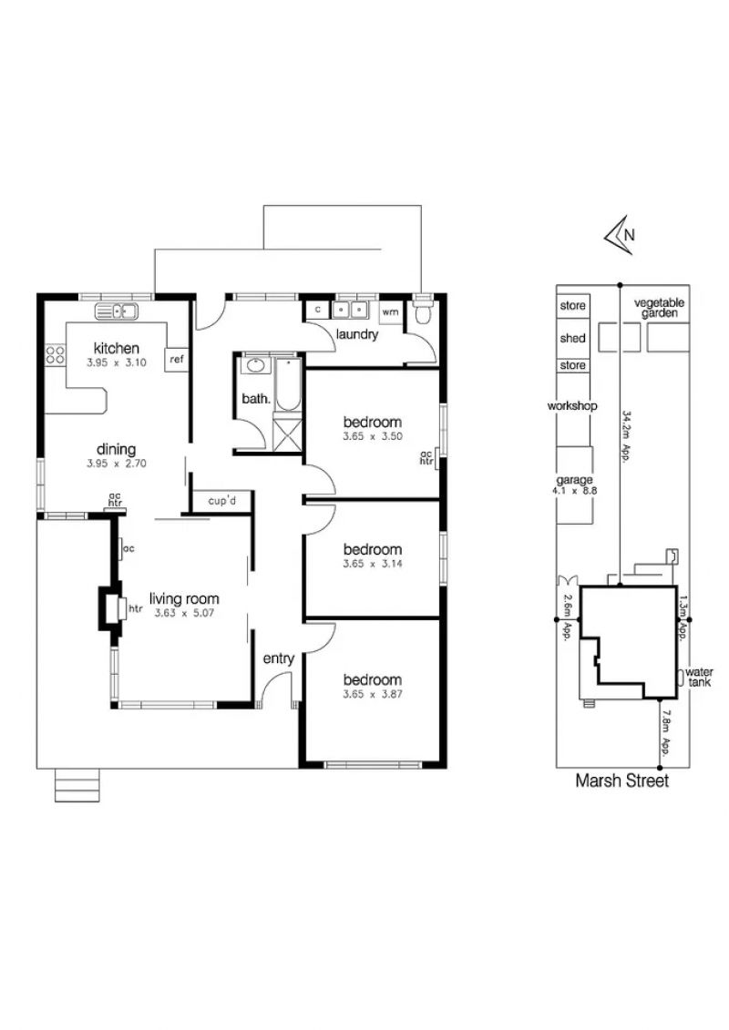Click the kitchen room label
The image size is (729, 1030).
coord(117,348)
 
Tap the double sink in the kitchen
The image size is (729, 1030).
coord(117,311)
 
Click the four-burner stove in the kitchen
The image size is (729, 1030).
coord(56,355)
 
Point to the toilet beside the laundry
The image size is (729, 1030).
coord(422,312)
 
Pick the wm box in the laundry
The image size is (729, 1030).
coord(390,311)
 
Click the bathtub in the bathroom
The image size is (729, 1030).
coord(287,383)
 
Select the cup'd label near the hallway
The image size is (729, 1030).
coord(221,501)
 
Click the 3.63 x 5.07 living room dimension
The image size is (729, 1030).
coord(184,613)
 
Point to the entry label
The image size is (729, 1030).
coord(279,658)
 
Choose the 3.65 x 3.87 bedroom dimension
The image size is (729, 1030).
coord(372,694)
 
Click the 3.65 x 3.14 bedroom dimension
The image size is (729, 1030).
coord(372,564)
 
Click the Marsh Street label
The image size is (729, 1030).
coord(621,780)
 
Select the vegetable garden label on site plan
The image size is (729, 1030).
coord(659,308)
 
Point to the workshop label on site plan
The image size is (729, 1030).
coord(572,406)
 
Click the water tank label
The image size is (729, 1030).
coord(699,678)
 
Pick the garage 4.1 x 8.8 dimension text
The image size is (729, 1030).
coord(575,491)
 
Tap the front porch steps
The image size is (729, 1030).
coord(77,785)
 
